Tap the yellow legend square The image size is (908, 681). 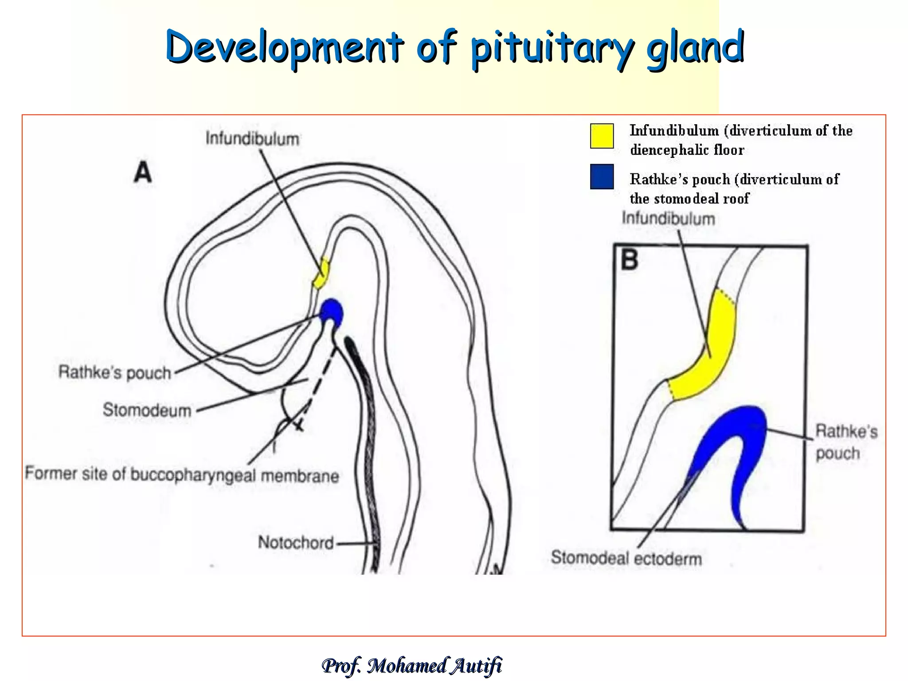click(x=602, y=136)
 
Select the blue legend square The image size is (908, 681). click(x=602, y=176)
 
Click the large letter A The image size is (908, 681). click(x=143, y=172)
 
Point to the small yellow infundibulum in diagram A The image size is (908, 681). click(x=321, y=274)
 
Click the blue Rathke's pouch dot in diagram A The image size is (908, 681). click(x=332, y=312)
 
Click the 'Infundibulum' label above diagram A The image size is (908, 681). click(x=252, y=139)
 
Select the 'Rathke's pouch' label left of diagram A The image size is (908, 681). click(x=115, y=372)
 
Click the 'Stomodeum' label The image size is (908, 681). click(x=147, y=410)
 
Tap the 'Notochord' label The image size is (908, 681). click(x=296, y=543)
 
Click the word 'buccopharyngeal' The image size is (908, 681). click(x=193, y=474)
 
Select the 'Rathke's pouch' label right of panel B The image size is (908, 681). click(x=846, y=442)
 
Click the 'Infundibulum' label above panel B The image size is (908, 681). click(x=668, y=219)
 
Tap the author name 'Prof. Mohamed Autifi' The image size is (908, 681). click(x=411, y=665)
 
